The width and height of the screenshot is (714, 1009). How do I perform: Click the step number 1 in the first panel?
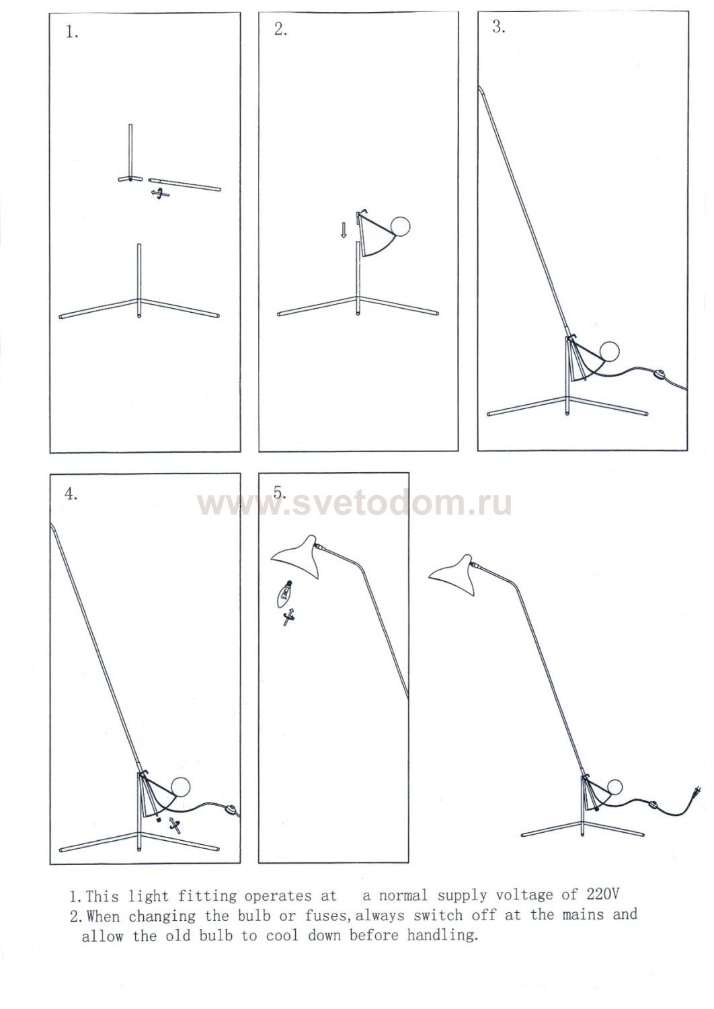(72, 32)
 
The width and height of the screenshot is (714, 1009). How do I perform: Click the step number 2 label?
(280, 30)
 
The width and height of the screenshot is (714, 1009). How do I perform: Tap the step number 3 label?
(499, 27)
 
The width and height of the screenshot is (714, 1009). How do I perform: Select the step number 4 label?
(71, 494)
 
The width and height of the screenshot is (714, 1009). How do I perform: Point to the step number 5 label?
(280, 492)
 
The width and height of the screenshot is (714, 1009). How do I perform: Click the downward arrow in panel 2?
(344, 230)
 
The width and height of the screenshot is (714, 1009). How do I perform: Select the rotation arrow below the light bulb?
(288, 617)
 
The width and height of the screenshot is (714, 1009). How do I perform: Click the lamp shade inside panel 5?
(298, 556)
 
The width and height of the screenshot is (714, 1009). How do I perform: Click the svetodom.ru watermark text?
(354, 502)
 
